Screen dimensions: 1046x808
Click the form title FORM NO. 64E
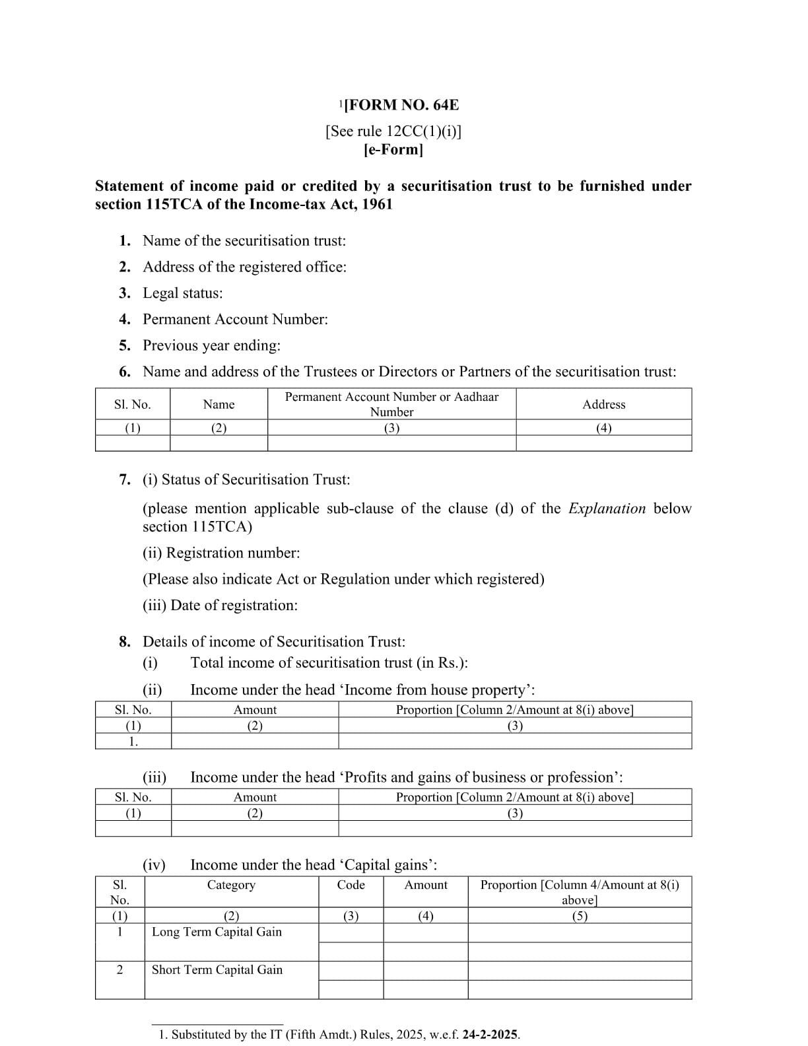pyautogui.click(x=401, y=105)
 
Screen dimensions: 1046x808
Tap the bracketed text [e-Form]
pyautogui.click(x=393, y=149)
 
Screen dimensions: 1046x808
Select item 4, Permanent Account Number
pyautogui.click(x=235, y=320)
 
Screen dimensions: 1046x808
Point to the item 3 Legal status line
pyautogui.click(x=182, y=293)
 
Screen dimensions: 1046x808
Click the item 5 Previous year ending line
pyautogui.click(x=211, y=345)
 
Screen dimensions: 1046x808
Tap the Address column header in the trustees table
pyautogui.click(x=603, y=404)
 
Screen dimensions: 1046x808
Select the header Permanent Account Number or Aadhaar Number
pyautogui.click(x=391, y=404)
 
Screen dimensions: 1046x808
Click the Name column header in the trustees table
pyautogui.click(x=219, y=404)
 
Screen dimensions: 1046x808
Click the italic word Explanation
pyautogui.click(x=607, y=508)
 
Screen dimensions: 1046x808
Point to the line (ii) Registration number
pyautogui.click(x=221, y=553)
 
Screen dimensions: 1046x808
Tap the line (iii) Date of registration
pyautogui.click(x=220, y=605)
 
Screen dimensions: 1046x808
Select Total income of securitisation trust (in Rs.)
pyautogui.click(x=329, y=662)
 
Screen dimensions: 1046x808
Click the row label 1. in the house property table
pyautogui.click(x=133, y=741)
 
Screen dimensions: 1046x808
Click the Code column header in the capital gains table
pyautogui.click(x=351, y=885)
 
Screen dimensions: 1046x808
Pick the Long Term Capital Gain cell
pyautogui.click(x=217, y=932)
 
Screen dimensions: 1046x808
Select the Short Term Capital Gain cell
pyautogui.click(x=217, y=969)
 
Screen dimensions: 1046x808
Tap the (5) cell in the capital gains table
pyautogui.click(x=580, y=916)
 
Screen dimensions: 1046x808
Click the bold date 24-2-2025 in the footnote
pyautogui.click(x=490, y=1035)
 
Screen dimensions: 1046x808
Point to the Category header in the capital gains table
pyautogui.click(x=231, y=885)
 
